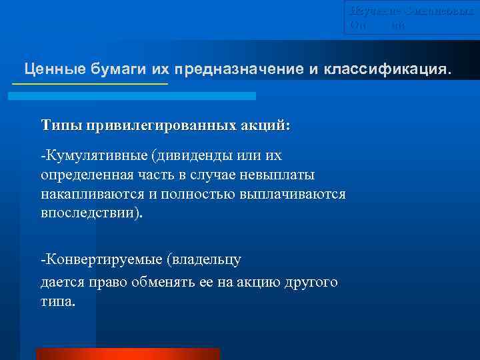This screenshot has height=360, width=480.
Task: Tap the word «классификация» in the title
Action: [x=388, y=69]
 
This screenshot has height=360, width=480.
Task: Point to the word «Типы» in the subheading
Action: [x=59, y=125]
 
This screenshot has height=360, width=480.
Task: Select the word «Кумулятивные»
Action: [x=95, y=156]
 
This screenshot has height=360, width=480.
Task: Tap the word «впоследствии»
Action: [x=89, y=213]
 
